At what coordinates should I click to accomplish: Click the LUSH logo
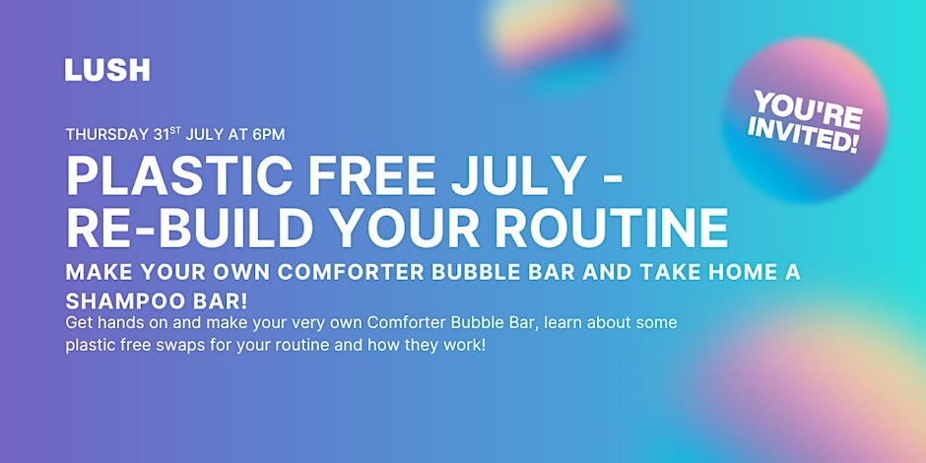(x=107, y=70)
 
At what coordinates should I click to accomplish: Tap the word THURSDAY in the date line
(x=107, y=135)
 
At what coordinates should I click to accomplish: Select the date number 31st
(x=167, y=134)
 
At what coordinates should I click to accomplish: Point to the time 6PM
(x=269, y=135)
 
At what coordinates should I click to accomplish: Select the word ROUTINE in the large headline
(x=611, y=228)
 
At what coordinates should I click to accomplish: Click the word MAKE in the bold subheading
(x=97, y=272)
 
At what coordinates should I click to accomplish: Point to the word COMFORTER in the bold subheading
(x=352, y=272)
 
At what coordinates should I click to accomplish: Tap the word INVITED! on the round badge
(x=803, y=138)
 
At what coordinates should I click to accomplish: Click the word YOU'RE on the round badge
(x=809, y=110)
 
